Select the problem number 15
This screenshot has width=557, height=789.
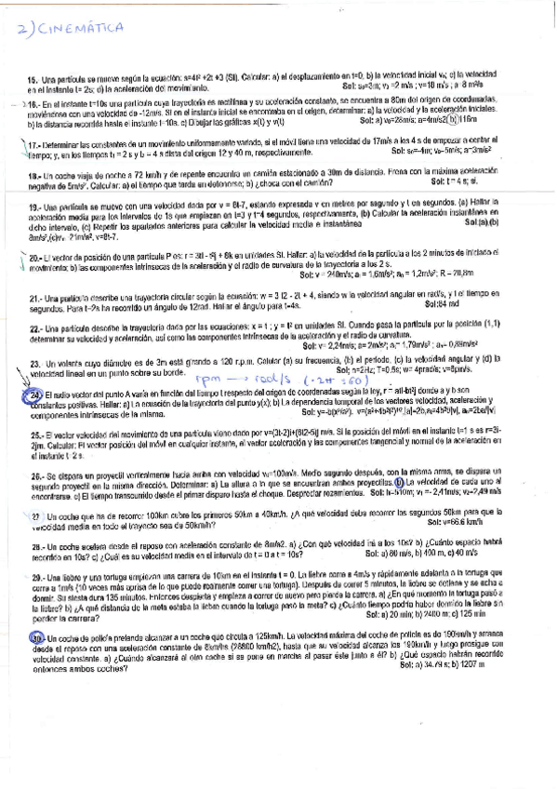coord(33,80)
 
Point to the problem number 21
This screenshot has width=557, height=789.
coord(33,297)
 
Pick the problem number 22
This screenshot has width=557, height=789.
coord(33,328)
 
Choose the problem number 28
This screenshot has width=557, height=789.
coord(33,544)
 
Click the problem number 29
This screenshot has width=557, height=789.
coord(33,577)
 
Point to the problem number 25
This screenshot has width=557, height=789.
coord(33,435)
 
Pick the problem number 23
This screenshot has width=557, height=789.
coord(33,359)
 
